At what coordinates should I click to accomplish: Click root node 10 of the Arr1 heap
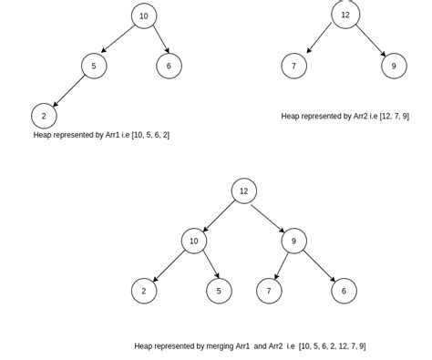[144, 16]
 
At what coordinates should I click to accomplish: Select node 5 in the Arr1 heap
[94, 66]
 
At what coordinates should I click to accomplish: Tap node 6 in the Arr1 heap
[169, 66]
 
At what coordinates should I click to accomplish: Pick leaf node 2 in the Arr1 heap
[44, 116]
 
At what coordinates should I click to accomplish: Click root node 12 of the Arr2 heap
[345, 15]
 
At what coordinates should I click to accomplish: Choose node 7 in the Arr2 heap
[293, 66]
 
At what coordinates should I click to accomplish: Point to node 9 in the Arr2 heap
[394, 66]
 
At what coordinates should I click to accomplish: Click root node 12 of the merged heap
[243, 191]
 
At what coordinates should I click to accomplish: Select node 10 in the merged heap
[193, 242]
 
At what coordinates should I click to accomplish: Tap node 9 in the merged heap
[293, 242]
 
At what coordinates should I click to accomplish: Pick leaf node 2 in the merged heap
[144, 291]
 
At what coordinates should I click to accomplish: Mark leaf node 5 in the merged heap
[219, 291]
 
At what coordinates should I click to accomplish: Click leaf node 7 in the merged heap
[269, 291]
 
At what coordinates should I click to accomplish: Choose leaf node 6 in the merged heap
[344, 291]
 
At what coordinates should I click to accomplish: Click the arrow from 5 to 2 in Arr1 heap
[69, 91]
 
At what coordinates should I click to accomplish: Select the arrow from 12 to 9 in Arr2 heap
[371, 41]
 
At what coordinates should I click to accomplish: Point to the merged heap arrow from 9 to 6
[319, 266]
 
